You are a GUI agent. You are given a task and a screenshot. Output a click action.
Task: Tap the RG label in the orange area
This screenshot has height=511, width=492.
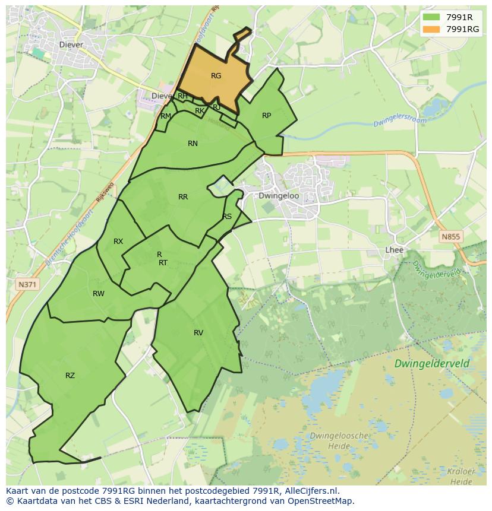216,75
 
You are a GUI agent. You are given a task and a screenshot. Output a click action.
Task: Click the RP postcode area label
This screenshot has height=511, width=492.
266,116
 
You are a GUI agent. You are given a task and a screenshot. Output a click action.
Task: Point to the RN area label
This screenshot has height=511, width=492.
193,144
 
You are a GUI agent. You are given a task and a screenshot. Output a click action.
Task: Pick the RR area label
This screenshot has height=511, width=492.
183,197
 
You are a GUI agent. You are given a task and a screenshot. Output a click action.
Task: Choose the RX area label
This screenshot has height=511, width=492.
118,242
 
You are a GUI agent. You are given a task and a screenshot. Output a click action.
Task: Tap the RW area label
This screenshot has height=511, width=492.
99,294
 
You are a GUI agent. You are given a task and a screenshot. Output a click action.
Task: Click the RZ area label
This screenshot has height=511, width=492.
70,375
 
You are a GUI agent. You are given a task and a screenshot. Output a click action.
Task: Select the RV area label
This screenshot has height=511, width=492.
198,333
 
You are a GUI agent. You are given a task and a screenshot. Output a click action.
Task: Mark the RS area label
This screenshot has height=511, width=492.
227,217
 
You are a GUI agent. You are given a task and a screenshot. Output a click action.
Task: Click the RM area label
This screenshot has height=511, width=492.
166,116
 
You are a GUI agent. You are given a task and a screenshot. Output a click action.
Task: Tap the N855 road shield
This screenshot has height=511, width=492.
450,236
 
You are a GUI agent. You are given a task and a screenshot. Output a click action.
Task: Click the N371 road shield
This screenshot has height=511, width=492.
27,284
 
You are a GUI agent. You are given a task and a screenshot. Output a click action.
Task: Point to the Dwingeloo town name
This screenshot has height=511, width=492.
279,196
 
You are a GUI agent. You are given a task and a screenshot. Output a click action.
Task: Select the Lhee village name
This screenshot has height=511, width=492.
394,250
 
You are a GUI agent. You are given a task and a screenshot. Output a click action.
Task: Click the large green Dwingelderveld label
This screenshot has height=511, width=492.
440,363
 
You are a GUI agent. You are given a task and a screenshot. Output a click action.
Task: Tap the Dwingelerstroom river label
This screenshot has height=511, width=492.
400,121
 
